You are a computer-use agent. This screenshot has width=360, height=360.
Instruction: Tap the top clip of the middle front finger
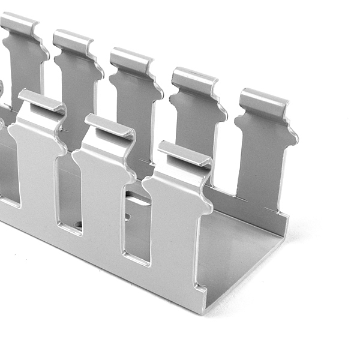pyautogui.click(x=110, y=127)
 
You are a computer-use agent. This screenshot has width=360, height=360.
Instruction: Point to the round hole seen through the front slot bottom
pyautogui.click(x=77, y=225)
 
